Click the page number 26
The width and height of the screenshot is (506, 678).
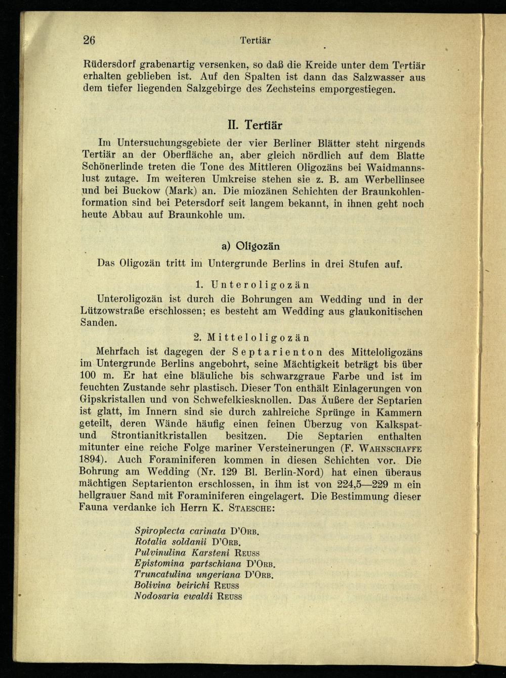point(90,40)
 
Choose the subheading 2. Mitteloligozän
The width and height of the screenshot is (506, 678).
point(251,337)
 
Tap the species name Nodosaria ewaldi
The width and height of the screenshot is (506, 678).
point(173,596)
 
